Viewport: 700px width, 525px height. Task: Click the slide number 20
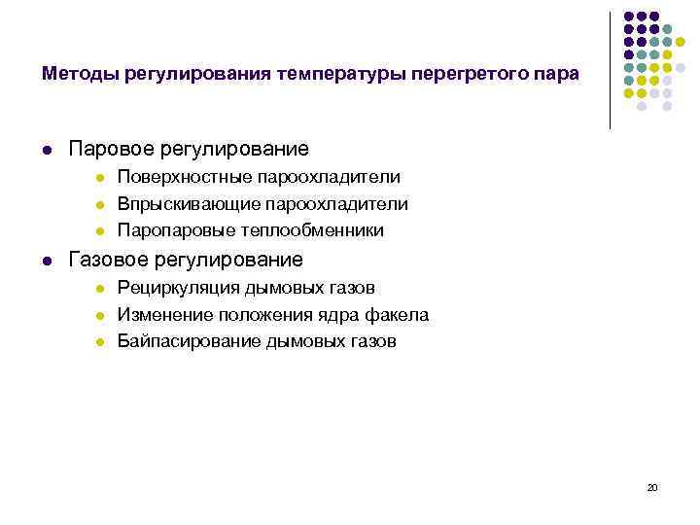(x=652, y=487)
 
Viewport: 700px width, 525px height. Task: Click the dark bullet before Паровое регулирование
(x=47, y=150)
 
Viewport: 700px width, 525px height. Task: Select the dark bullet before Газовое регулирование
(x=47, y=261)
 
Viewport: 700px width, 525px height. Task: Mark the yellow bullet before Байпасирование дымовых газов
(x=99, y=342)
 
